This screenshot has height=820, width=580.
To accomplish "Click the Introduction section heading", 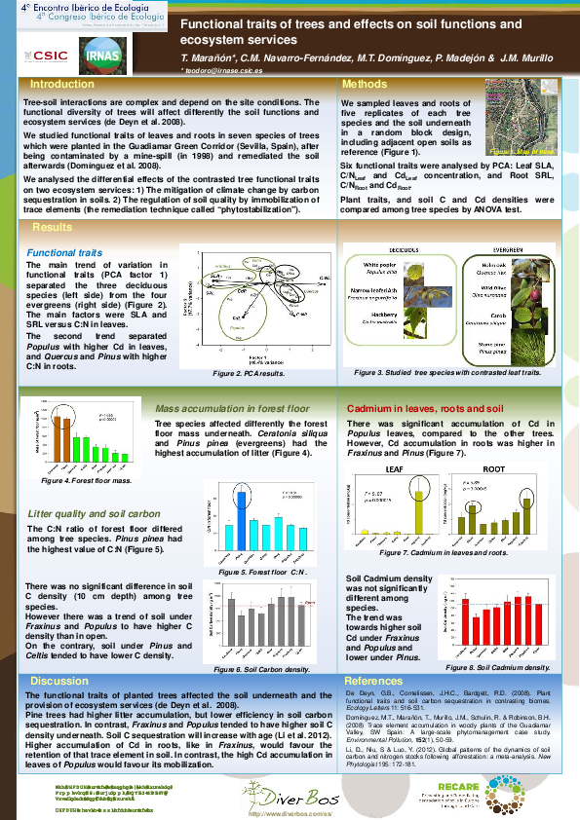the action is pyautogui.click(x=62, y=84).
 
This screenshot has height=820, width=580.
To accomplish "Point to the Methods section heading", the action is pyautogui.click(x=366, y=84).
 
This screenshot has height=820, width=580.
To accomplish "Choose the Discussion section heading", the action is pyautogui.click(x=59, y=681).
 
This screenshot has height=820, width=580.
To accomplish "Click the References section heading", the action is pyautogui.click(x=373, y=681).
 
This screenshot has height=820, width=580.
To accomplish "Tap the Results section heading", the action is pyautogui.click(x=53, y=227).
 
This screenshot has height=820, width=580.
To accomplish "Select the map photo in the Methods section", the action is pyautogui.click(x=522, y=118).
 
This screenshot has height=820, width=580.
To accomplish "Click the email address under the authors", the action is pyautogui.click(x=222, y=71).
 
